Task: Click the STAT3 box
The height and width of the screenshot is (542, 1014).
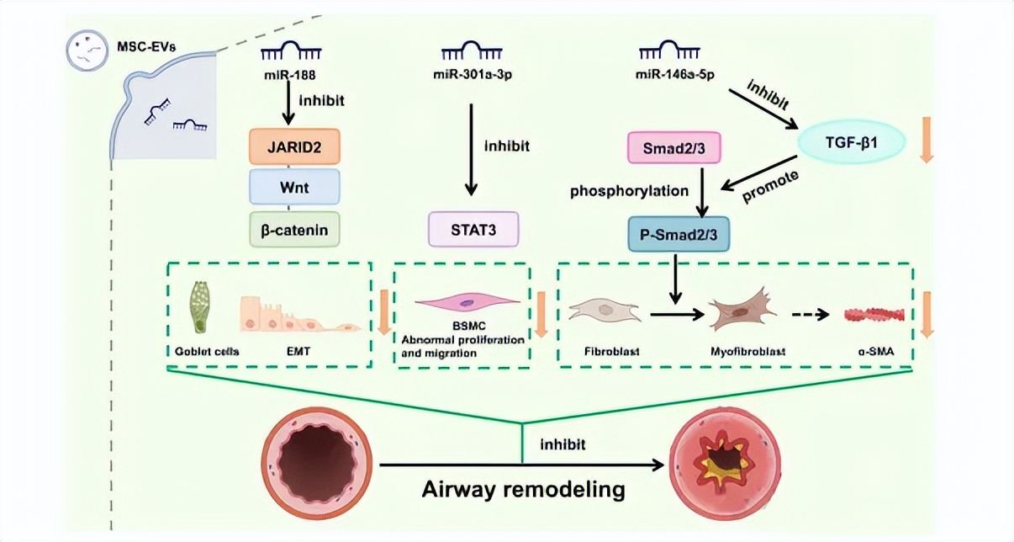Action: pos(473,229)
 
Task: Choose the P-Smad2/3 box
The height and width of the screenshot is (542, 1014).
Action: pos(679,233)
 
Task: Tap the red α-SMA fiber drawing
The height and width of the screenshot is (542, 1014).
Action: pos(874,315)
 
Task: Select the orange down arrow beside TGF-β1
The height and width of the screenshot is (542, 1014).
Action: pos(927,141)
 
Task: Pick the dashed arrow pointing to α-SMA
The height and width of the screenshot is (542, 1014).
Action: pos(811,315)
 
